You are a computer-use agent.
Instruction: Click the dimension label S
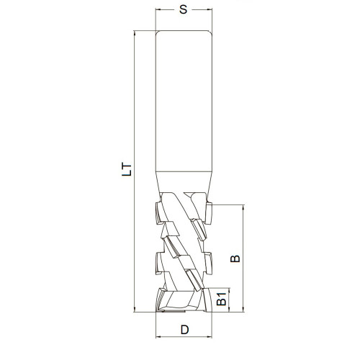(184, 10)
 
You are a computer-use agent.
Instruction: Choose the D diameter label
(184, 330)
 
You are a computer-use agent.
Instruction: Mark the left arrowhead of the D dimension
(159, 337)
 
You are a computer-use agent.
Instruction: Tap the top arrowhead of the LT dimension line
(135, 34)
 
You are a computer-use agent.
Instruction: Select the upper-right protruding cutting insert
(209, 212)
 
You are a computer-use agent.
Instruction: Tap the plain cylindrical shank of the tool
(184, 101)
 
